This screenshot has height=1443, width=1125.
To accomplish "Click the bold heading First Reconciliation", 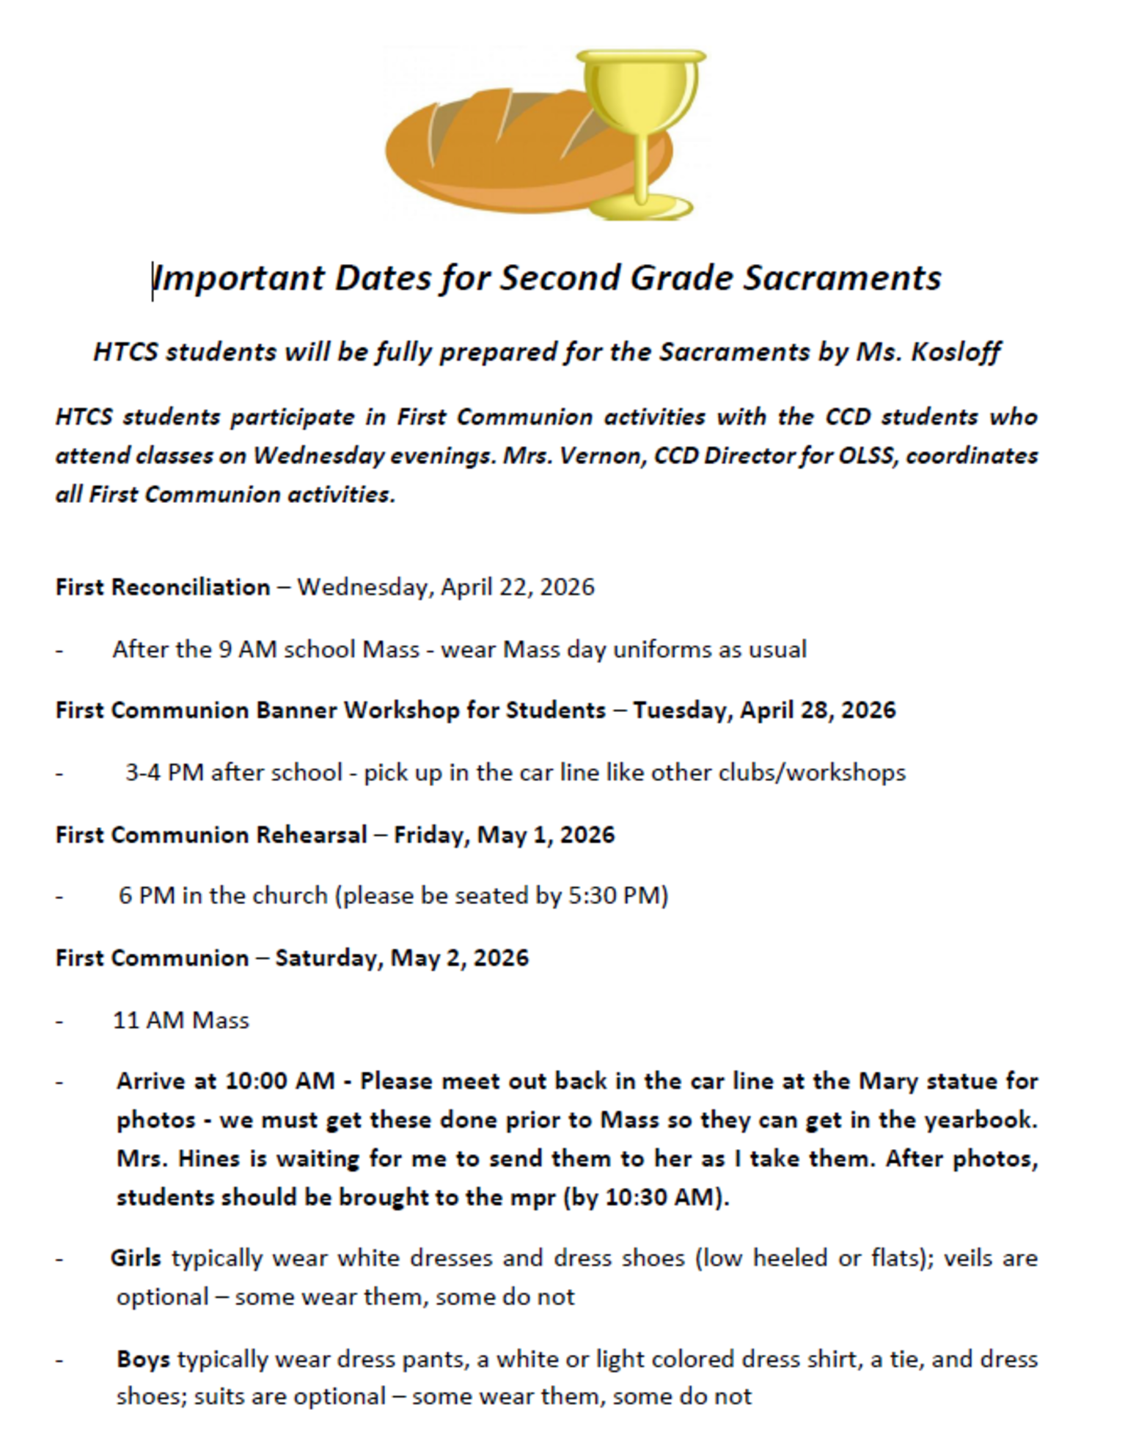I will [163, 587].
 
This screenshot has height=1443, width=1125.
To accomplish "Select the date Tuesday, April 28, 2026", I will [764, 711].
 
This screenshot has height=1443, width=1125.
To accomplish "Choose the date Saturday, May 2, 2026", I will [402, 958].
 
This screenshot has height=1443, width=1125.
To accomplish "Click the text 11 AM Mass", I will [181, 1021].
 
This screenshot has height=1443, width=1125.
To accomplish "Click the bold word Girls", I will [136, 1258].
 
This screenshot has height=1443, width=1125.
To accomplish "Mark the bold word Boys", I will [143, 1359].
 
